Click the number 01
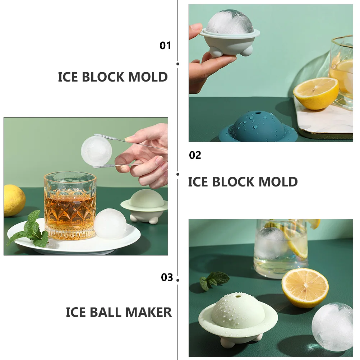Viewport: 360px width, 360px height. [x=165, y=46]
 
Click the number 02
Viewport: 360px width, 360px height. [x=195, y=155]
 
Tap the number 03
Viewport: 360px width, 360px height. [x=167, y=277]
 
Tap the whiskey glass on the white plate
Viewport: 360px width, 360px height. [x=70, y=206]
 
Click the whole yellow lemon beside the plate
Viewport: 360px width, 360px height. [x=14, y=200]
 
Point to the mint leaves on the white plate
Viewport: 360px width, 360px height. [x=29, y=231]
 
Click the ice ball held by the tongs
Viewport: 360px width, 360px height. [x=96, y=151]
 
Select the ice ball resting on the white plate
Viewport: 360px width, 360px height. [x=110, y=223]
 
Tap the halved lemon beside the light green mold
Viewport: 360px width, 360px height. [x=305, y=288]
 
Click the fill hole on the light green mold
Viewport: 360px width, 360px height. [x=237, y=296]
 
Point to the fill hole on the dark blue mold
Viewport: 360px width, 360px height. [x=258, y=113]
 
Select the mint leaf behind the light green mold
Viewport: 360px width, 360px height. [x=213, y=280]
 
